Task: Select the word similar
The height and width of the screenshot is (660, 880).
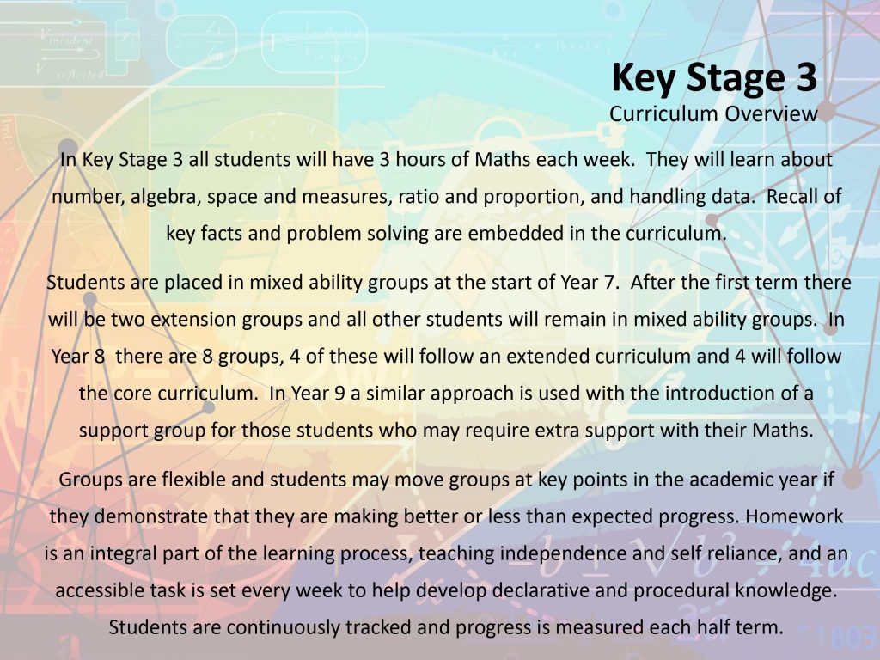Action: (395, 394)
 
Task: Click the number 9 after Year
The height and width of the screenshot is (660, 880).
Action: (339, 394)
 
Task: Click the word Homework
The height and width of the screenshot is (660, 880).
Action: (794, 516)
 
